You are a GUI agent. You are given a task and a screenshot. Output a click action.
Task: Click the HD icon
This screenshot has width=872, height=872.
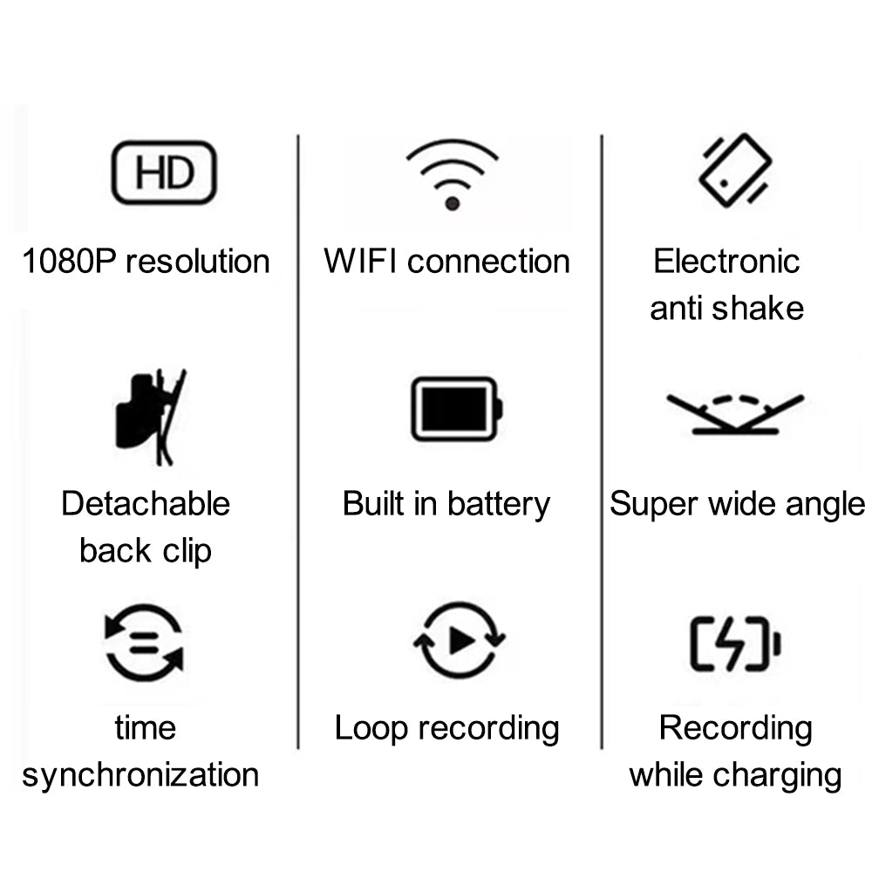tap(164, 173)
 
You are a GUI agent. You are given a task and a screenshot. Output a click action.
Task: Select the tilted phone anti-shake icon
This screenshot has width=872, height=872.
tap(734, 170)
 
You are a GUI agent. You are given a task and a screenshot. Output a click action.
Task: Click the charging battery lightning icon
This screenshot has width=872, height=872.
tap(735, 644)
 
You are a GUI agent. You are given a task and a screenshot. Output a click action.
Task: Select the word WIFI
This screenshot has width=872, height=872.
tap(360, 261)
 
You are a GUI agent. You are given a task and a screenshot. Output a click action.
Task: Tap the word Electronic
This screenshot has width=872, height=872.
tap(726, 261)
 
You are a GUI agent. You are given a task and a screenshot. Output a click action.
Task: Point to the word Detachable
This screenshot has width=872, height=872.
tap(146, 503)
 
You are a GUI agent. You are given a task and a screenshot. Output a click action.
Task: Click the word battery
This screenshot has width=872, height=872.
tap(499, 505)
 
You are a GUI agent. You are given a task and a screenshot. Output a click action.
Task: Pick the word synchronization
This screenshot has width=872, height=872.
tap(140, 776)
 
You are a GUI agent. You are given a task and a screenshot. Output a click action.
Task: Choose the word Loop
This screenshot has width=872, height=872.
tap(371, 729)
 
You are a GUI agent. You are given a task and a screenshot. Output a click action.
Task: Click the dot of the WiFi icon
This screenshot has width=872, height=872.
tap(452, 203)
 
